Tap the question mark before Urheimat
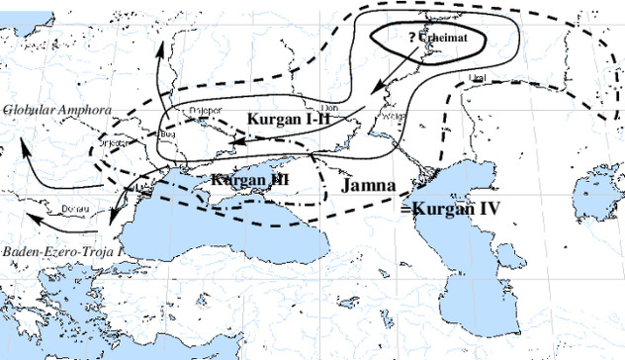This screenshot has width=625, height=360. pos(412,39)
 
